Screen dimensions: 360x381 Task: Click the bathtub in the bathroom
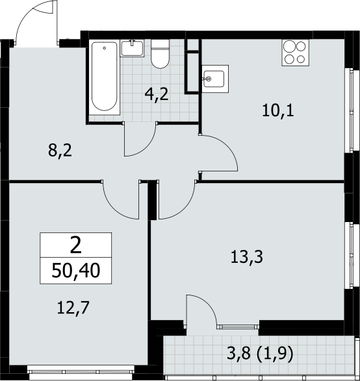[105, 77]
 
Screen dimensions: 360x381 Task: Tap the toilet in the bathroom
[160, 54]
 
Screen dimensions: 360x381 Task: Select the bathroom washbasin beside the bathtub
[133, 48]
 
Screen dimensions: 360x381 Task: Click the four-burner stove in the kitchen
[295, 53]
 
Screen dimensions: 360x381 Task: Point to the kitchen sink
[215, 79]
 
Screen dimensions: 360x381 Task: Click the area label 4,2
[157, 95]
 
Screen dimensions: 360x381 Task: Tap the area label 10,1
[278, 111]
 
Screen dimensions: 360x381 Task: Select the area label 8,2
[60, 151]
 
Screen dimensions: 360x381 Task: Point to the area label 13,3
[247, 257]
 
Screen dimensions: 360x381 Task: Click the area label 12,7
[73, 308]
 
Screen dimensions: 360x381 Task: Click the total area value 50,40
[75, 271]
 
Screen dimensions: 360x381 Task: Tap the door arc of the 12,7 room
[112, 207]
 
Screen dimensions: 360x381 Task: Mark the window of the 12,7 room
[81, 369]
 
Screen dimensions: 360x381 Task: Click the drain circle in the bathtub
[105, 48]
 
